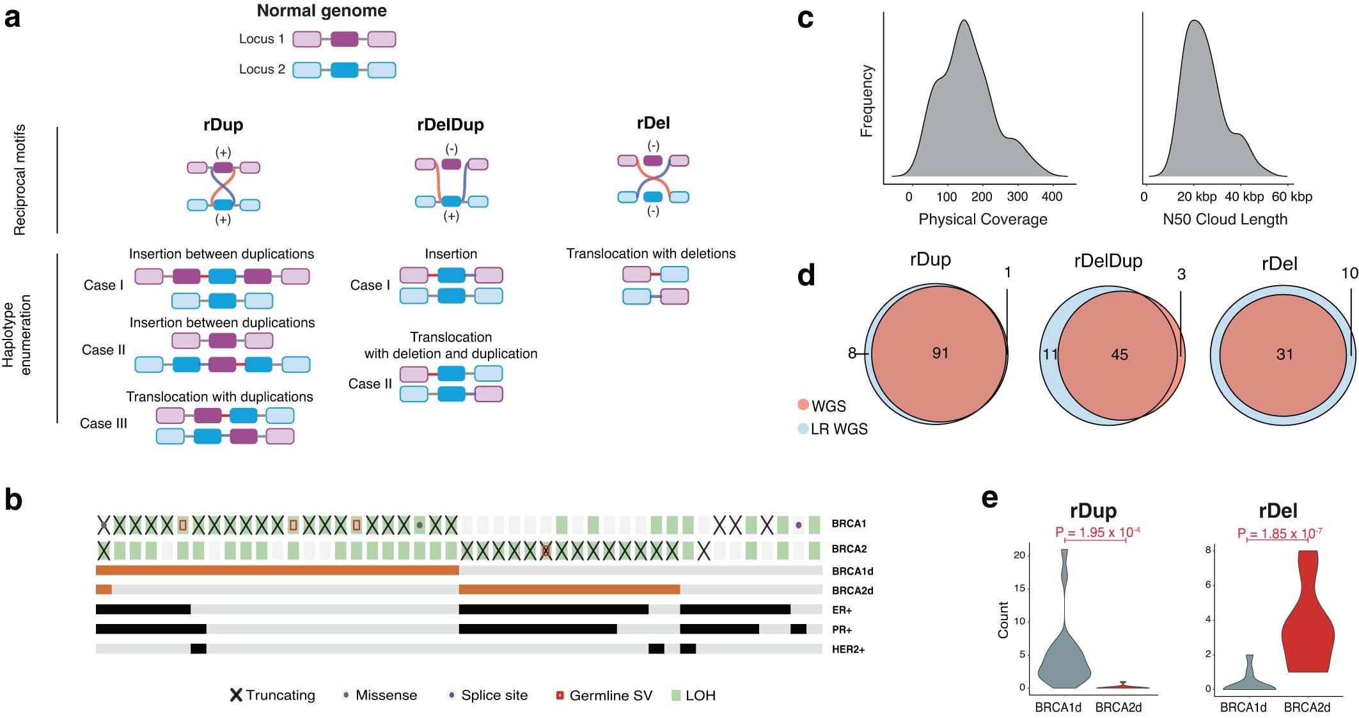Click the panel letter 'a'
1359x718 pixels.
click(x=12, y=17)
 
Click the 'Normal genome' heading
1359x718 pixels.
click(x=322, y=11)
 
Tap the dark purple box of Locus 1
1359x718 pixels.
click(x=344, y=39)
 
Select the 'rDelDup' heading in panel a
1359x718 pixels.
click(x=450, y=125)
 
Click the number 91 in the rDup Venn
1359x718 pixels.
click(x=940, y=353)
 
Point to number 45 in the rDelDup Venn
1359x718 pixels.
click(x=1119, y=355)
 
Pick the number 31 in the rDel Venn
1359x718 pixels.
click(x=1284, y=355)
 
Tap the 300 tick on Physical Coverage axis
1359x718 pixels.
click(x=1017, y=197)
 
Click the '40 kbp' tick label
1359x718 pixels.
click(x=1244, y=197)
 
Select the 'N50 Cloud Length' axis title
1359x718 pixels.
click(x=1225, y=219)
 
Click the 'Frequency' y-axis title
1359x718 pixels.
click(x=867, y=101)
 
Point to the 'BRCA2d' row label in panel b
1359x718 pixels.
click(x=852, y=591)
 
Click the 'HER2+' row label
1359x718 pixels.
click(x=848, y=650)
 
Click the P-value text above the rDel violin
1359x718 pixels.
click(x=1279, y=533)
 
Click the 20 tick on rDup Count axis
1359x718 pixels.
click(x=1019, y=555)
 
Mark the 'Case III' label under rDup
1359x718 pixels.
click(x=104, y=424)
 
